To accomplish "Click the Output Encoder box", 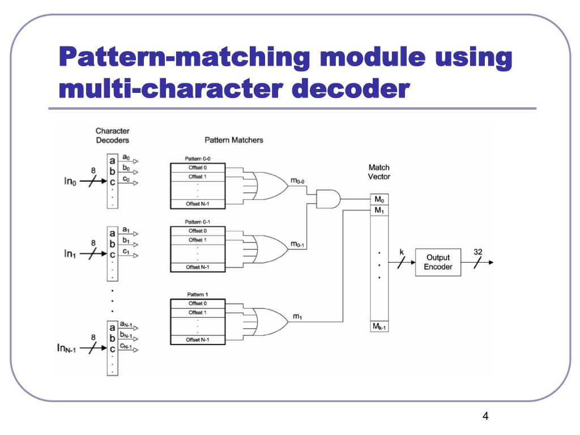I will tap(438, 262).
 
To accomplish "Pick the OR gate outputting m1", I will tap(269, 317).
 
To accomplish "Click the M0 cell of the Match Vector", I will tap(379, 199).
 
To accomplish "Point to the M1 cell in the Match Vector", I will tap(379, 210).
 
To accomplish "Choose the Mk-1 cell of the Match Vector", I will tap(379, 327).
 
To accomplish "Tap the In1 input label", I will tap(72, 254).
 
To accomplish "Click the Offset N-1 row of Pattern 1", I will tap(198, 340).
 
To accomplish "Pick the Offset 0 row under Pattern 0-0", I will tap(198, 168).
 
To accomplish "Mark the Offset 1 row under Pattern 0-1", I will tap(198, 240).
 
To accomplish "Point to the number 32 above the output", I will tap(478, 251).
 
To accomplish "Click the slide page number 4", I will tap(485, 417).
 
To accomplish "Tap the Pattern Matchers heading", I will tap(233, 140).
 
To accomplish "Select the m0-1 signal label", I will tap(298, 245).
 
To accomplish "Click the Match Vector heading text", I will tap(379, 172).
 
